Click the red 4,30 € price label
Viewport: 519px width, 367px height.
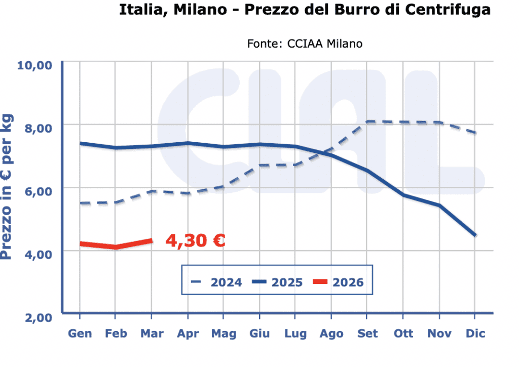(x=195, y=240)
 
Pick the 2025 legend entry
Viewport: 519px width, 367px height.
(x=277, y=282)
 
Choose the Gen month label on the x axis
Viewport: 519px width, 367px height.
(x=80, y=334)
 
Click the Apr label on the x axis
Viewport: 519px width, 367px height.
(x=188, y=334)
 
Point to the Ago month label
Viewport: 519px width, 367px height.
(x=331, y=334)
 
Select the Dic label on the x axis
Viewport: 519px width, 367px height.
(x=475, y=334)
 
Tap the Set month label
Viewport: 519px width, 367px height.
(x=367, y=334)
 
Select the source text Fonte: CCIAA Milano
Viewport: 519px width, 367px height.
(x=305, y=44)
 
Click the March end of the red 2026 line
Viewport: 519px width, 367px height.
(x=152, y=240)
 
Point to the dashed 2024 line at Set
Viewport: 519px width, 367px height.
(x=367, y=121)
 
